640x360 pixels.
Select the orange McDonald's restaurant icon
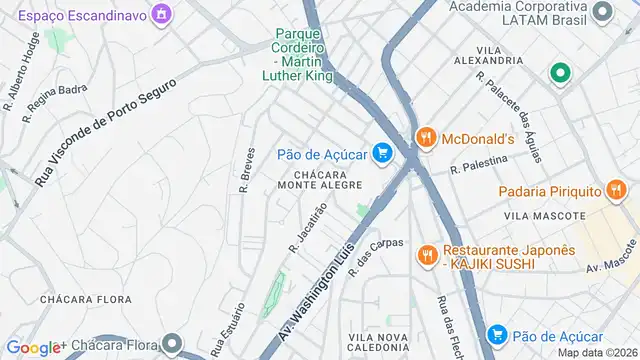point(425,138)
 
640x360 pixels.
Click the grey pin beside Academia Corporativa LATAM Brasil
point(602,12)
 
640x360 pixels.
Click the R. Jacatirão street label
point(308,228)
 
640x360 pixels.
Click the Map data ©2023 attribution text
point(596,352)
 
